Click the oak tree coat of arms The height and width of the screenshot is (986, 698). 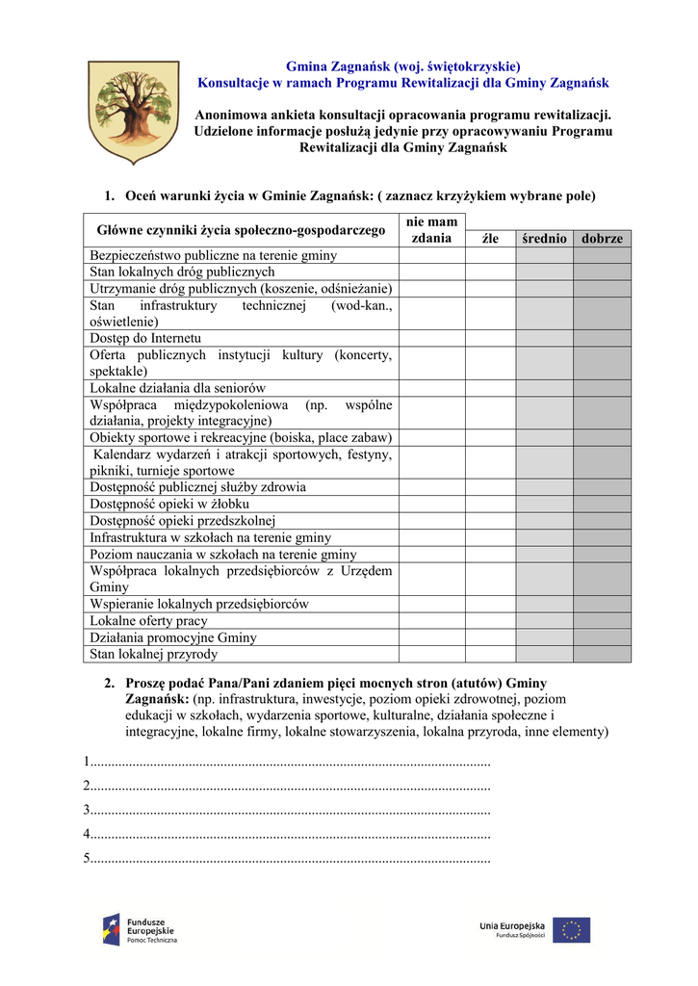(x=134, y=112)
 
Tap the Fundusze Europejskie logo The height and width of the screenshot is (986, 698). (x=141, y=929)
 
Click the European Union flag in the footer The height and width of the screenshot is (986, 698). (x=571, y=929)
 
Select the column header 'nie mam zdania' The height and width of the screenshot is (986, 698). (x=432, y=230)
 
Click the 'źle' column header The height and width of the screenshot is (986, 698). (x=490, y=239)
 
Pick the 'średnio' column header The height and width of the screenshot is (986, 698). (x=544, y=239)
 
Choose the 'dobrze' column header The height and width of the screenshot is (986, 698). (x=603, y=239)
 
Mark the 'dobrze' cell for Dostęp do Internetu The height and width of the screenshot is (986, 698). (x=603, y=338)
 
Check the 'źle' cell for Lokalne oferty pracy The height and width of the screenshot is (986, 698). (x=490, y=621)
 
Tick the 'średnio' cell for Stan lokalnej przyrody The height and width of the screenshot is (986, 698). (x=544, y=655)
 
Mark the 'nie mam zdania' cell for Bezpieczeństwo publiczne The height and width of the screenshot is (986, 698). (x=432, y=255)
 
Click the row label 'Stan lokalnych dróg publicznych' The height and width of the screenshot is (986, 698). (x=182, y=272)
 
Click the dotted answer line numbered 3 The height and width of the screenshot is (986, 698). (x=288, y=809)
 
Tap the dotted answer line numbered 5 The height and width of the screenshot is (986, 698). (x=288, y=858)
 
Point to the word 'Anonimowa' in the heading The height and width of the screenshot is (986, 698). (x=230, y=116)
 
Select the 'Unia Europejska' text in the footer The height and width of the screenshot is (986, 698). (x=512, y=925)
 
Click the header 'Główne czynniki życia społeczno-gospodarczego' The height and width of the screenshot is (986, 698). (x=241, y=230)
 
